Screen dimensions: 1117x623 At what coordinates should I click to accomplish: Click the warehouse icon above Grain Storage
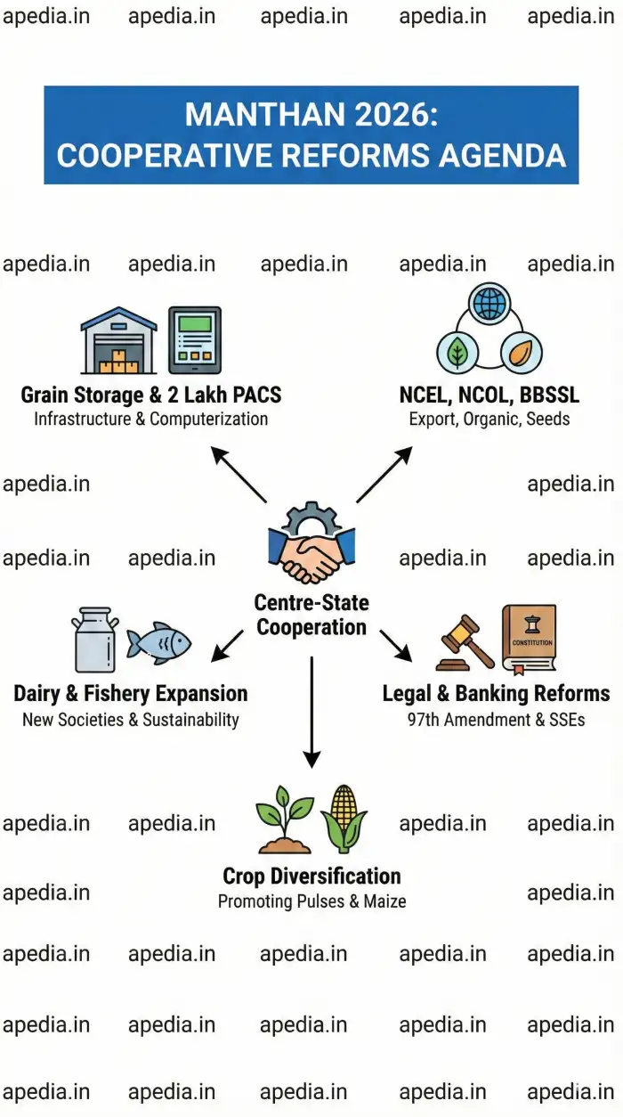(x=117, y=341)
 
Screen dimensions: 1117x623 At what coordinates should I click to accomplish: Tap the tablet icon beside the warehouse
(x=195, y=340)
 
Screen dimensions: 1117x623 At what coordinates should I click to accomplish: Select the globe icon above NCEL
(x=489, y=304)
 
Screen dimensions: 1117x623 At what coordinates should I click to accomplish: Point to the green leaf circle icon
(x=457, y=353)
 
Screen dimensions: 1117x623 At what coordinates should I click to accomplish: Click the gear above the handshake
(x=311, y=520)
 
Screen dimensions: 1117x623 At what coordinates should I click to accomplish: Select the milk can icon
(x=94, y=640)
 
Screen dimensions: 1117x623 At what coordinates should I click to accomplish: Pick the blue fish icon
(x=159, y=643)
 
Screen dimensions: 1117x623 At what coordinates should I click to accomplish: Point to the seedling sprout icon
(x=285, y=819)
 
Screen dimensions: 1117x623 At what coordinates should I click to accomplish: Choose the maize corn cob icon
(x=344, y=818)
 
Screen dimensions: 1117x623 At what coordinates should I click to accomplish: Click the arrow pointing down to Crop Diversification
(x=311, y=713)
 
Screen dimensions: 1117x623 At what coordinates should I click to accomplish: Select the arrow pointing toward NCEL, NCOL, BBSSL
(x=384, y=475)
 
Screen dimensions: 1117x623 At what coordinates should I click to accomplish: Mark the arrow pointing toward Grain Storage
(x=239, y=475)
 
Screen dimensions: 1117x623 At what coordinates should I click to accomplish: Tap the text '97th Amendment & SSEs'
(x=496, y=719)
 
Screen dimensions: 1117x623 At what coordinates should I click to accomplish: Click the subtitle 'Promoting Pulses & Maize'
(x=311, y=901)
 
